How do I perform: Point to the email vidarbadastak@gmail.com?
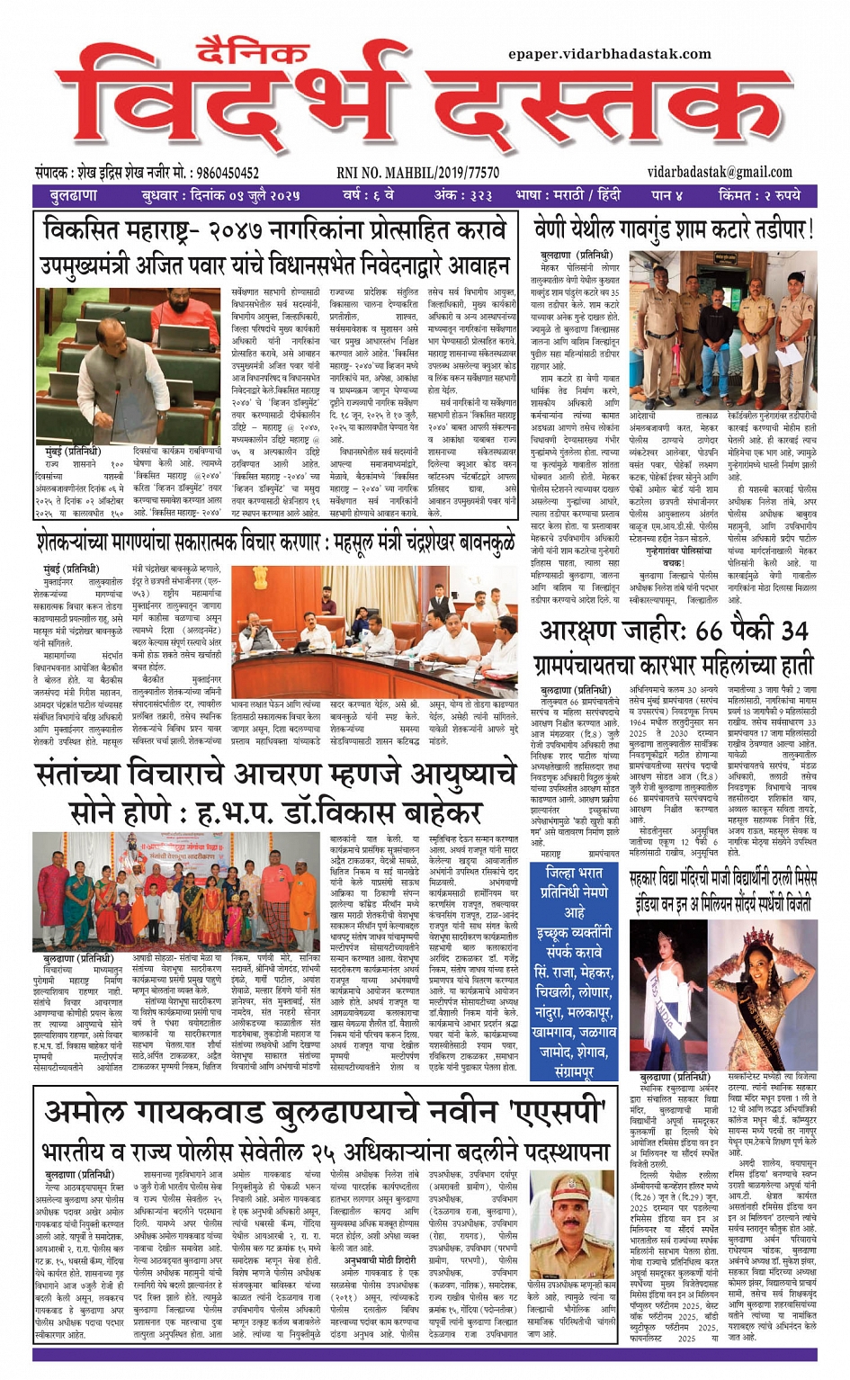(x=720, y=172)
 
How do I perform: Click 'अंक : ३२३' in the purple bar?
(x=463, y=195)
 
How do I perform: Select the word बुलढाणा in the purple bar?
(x=73, y=195)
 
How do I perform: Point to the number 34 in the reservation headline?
(x=794, y=631)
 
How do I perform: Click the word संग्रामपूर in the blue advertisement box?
(x=574, y=1071)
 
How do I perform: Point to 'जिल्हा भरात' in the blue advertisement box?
(x=574, y=873)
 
